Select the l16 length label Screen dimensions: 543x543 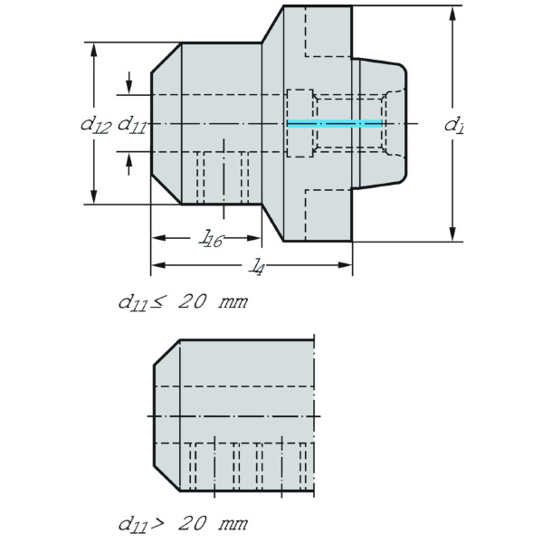pos(211,238)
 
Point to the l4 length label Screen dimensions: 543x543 pos(258,265)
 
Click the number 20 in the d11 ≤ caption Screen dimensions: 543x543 pos(193,301)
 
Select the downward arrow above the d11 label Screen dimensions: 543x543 pos(130,85)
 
